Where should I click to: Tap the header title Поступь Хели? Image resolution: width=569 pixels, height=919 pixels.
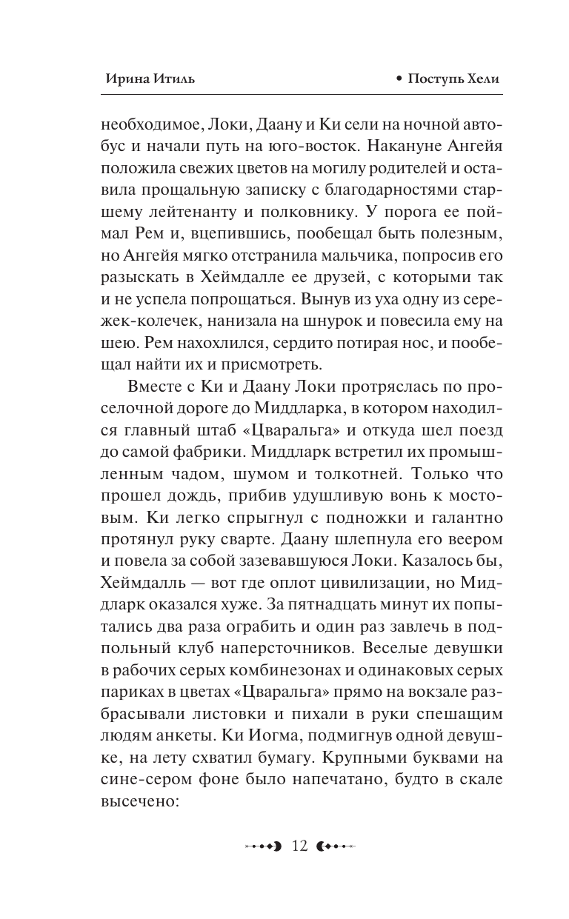460,79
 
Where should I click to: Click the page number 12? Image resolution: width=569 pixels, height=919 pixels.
300,846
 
